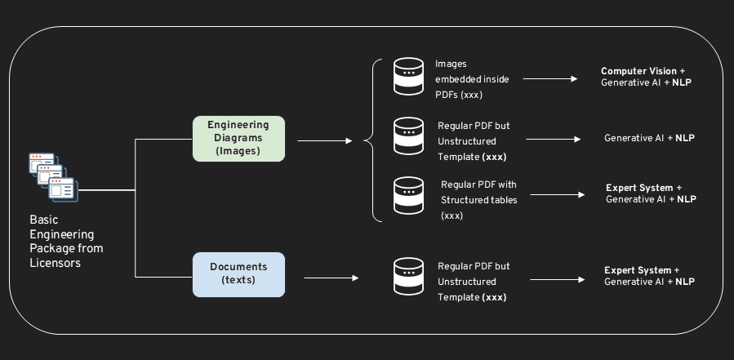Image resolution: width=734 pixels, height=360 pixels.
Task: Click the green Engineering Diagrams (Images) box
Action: pos(238,139)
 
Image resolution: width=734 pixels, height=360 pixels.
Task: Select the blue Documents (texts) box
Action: pos(238,273)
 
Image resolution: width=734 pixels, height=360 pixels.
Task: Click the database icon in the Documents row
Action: pos(408,278)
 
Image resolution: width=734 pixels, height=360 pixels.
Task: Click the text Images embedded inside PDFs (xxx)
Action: pos(472,79)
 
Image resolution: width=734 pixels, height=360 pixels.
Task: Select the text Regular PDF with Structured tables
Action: pos(479,200)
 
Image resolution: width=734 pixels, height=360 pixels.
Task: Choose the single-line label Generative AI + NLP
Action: pos(649,138)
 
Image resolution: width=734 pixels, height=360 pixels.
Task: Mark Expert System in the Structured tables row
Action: pos(638,188)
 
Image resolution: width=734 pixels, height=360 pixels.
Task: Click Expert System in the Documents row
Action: pos(637,270)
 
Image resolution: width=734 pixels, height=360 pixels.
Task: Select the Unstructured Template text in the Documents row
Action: pos(473,290)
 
